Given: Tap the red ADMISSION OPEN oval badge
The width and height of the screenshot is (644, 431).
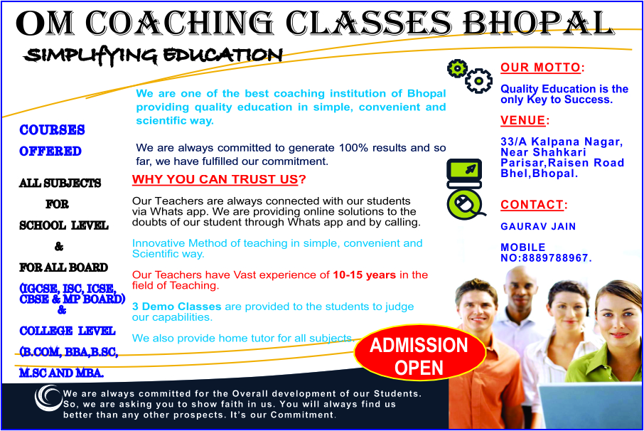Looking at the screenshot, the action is tap(419, 353).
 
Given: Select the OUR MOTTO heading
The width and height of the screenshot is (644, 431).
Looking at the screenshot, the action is tap(540, 68).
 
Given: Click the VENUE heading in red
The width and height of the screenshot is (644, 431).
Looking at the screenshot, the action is tap(523, 120).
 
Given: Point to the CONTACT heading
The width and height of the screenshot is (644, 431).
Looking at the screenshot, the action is tap(532, 205).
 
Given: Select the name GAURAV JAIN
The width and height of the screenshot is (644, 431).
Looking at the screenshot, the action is tap(538, 226).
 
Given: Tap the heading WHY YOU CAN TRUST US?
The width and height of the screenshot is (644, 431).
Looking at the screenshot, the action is tap(219, 179).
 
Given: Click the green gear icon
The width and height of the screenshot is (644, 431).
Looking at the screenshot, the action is tap(457, 68).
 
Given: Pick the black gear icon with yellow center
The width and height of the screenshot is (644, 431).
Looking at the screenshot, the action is tap(478, 80).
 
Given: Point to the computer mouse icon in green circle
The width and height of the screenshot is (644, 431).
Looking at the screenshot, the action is tap(464, 205).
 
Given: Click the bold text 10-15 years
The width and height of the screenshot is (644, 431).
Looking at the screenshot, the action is tap(365, 275).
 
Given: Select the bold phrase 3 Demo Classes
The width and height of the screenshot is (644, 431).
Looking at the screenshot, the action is tap(176, 307).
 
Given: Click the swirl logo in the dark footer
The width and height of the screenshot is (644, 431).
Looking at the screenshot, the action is tap(48, 398).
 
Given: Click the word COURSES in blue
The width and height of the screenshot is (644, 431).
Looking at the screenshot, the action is tap(52, 130).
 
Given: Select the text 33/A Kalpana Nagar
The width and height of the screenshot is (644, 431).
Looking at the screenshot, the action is tap(562, 142).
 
